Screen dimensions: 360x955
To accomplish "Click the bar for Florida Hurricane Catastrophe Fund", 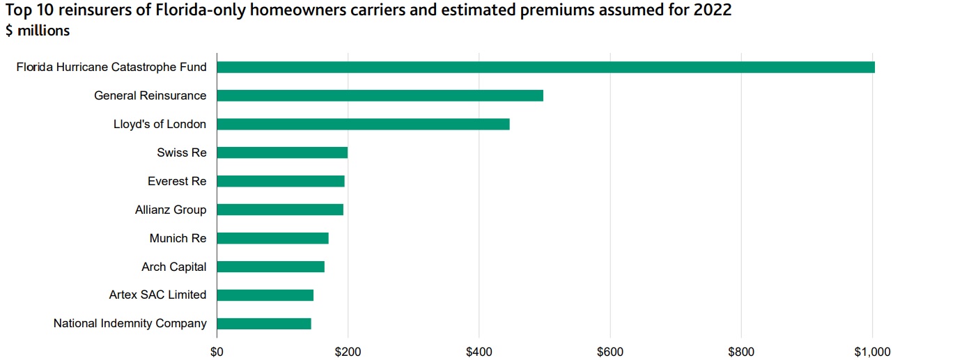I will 545,68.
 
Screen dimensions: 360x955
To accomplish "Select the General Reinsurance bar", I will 380,96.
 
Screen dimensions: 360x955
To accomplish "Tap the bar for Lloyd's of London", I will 363,125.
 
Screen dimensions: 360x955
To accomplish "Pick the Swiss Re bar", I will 282,153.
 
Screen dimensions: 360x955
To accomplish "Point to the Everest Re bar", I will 281,182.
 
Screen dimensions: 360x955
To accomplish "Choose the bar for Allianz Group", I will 280,210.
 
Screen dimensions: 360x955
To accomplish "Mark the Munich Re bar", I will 272,238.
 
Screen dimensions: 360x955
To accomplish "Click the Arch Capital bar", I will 270,267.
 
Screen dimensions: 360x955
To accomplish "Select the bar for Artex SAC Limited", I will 265,295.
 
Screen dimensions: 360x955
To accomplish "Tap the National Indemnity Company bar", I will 264,324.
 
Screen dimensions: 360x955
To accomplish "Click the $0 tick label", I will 217,352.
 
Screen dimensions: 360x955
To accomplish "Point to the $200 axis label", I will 348,352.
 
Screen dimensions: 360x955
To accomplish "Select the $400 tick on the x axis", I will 479,352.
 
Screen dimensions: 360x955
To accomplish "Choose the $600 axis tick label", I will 610,352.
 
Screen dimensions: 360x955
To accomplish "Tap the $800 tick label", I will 741,352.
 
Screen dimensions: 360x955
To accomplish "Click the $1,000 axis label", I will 872,352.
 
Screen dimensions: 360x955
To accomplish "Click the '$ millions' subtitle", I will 38,31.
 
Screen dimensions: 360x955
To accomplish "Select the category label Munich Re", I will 178,238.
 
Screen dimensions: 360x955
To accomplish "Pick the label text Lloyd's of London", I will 160,125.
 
